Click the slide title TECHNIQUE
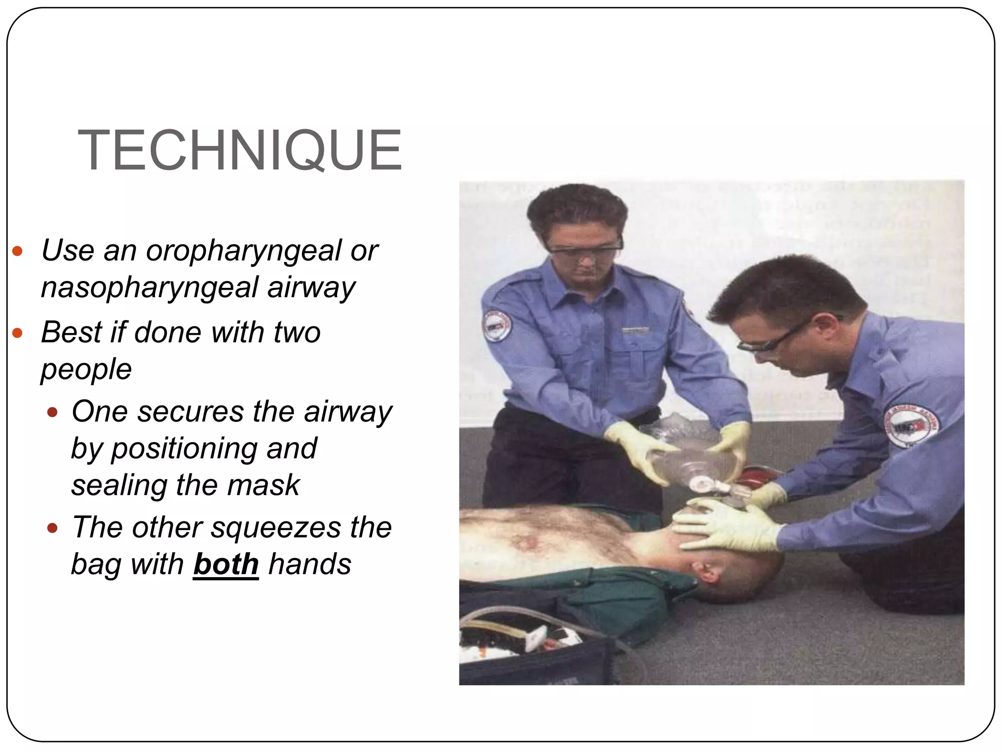click(x=239, y=150)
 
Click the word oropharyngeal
click(x=244, y=251)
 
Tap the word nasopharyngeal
click(x=149, y=287)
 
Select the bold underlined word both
click(x=226, y=564)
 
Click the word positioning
click(x=214, y=448)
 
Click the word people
click(x=86, y=369)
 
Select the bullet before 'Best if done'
click(x=18, y=333)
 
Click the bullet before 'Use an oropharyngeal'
click(x=18, y=252)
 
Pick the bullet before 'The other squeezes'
click(x=52, y=529)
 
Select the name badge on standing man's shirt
click(x=635, y=331)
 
